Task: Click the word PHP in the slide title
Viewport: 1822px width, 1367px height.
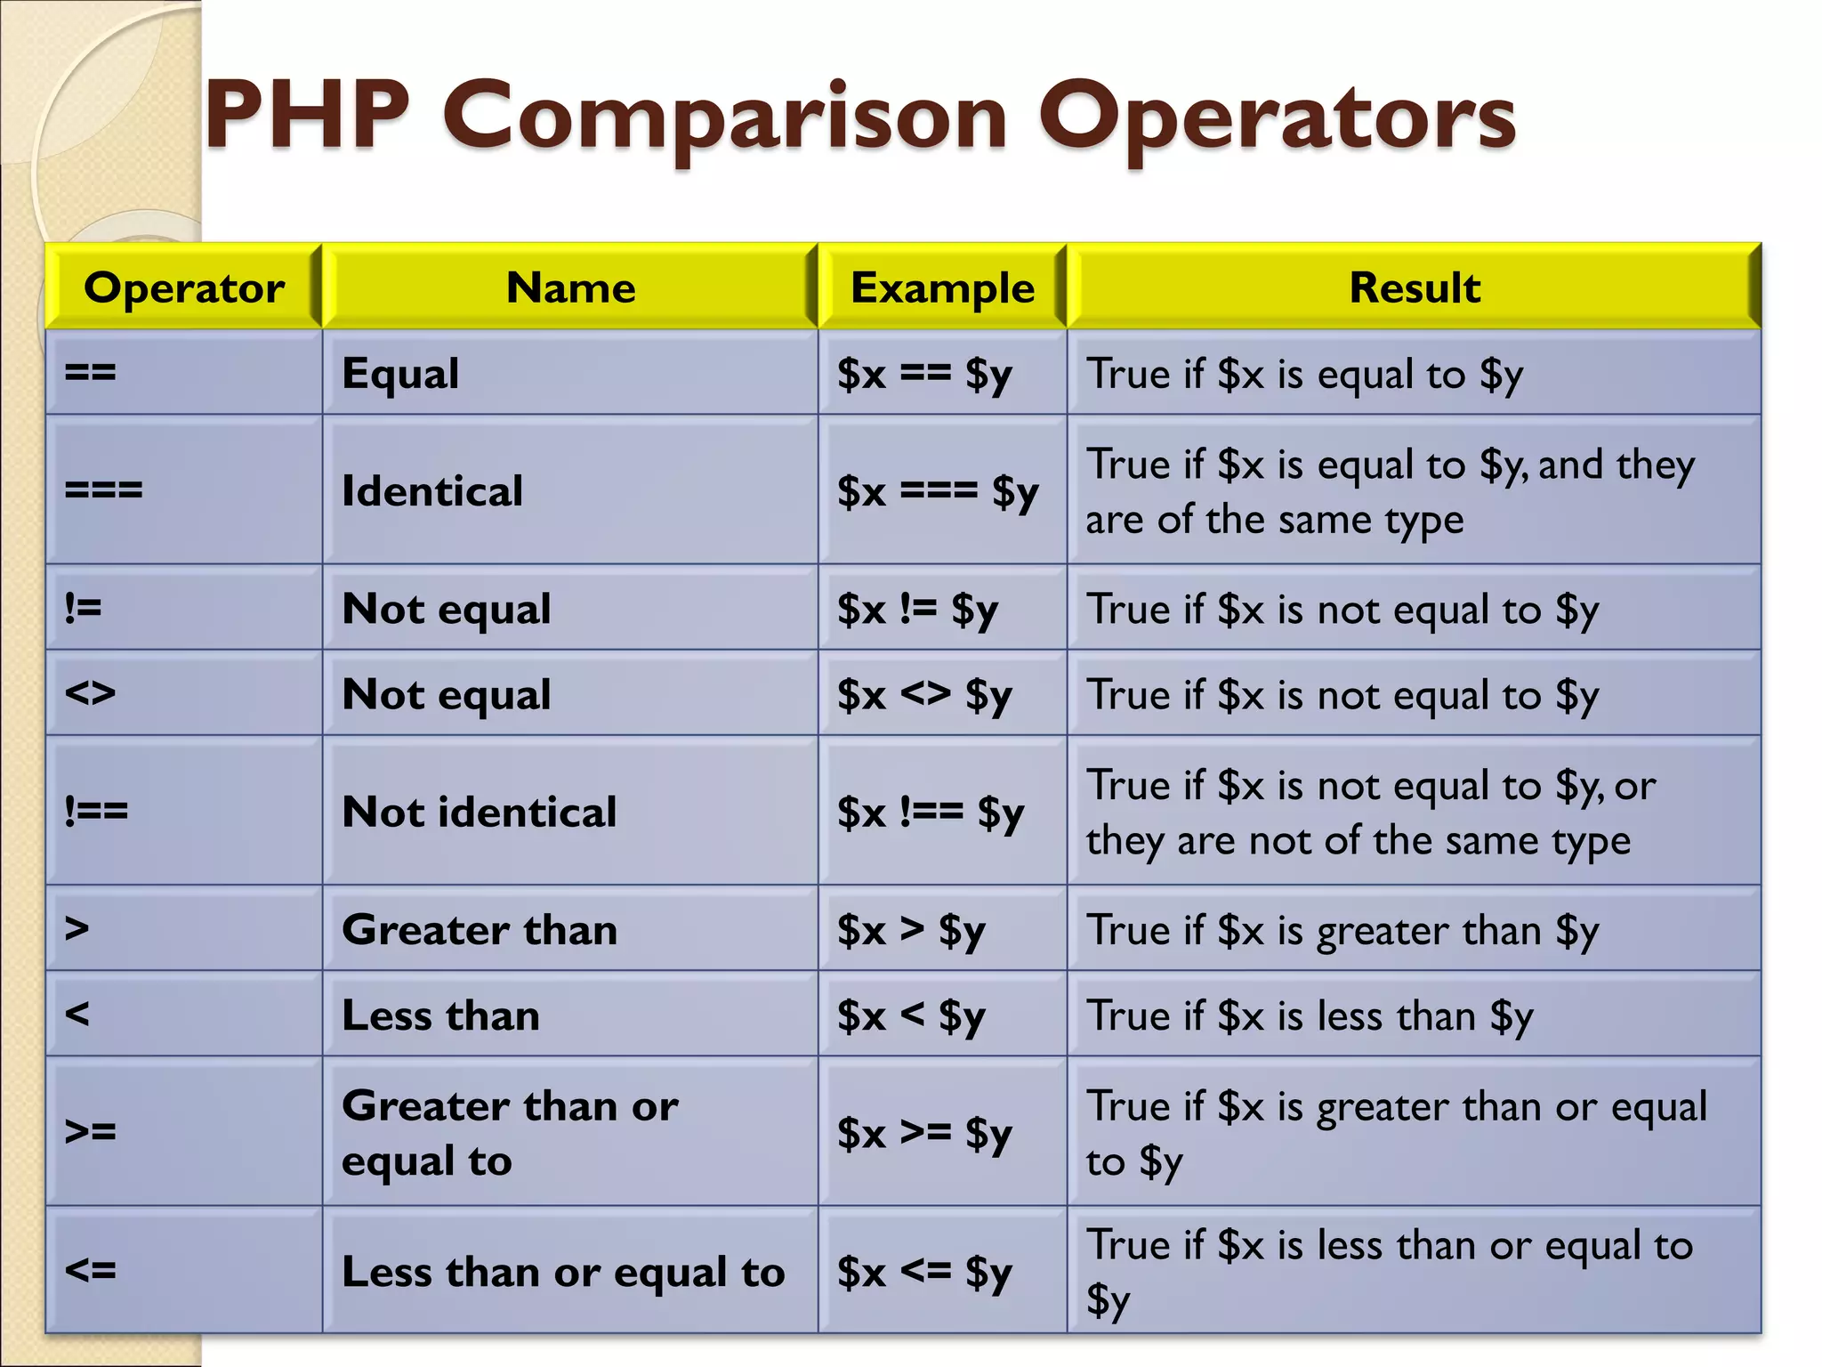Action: tap(307, 116)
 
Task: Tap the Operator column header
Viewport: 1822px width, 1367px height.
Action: tap(184, 287)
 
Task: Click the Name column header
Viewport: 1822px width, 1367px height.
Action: tap(570, 287)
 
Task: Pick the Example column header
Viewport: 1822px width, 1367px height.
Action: tap(942, 287)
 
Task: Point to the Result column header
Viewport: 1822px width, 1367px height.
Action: tap(1415, 287)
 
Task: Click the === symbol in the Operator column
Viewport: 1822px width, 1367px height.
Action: tap(103, 490)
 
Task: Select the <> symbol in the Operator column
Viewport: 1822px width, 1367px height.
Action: tap(90, 692)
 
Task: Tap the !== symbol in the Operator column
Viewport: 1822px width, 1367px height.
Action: tap(96, 811)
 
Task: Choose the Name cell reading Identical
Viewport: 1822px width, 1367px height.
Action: tap(432, 491)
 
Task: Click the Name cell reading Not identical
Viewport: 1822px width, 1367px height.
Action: tap(479, 812)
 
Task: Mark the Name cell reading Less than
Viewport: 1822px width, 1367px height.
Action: tap(440, 1015)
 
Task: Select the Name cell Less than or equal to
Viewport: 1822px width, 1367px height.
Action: tap(563, 1272)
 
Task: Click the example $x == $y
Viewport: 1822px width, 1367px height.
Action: tap(924, 374)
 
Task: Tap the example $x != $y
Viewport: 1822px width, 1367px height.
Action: tap(917, 610)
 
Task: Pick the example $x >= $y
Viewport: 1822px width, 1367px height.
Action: tap(924, 1133)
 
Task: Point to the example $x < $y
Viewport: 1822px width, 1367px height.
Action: tap(911, 1015)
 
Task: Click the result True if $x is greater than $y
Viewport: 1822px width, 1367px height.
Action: tap(1342, 931)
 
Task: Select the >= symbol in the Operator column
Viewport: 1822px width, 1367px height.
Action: tap(90, 1132)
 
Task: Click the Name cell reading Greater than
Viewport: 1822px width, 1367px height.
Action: tap(479, 930)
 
